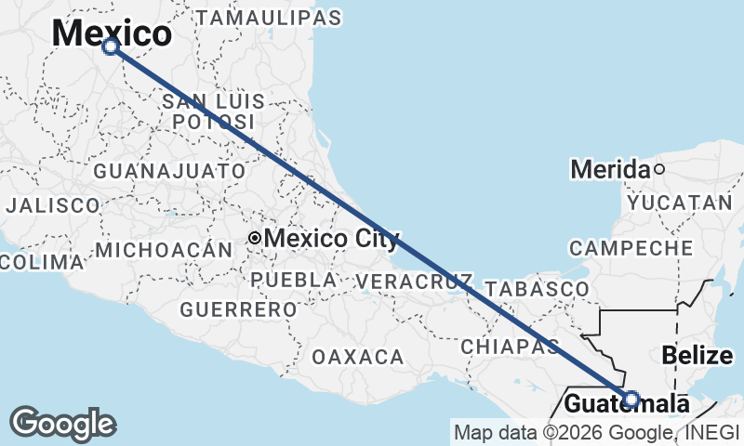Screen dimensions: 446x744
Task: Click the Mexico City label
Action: [332, 239]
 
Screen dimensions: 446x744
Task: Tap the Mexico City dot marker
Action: [254, 239]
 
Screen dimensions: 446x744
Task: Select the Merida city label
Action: [610, 169]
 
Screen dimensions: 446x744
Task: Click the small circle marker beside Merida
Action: [659, 169]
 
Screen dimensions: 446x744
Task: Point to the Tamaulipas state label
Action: [269, 18]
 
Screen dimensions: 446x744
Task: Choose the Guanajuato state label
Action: [169, 171]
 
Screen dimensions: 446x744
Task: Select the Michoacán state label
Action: [163, 249]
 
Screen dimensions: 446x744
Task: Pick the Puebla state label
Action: [294, 280]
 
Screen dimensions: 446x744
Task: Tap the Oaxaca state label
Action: [358, 357]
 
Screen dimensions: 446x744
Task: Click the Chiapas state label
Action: [509, 346]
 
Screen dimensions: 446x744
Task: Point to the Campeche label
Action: [631, 248]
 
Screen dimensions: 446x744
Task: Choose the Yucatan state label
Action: [680, 203]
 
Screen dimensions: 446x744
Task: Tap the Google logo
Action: [63, 424]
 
